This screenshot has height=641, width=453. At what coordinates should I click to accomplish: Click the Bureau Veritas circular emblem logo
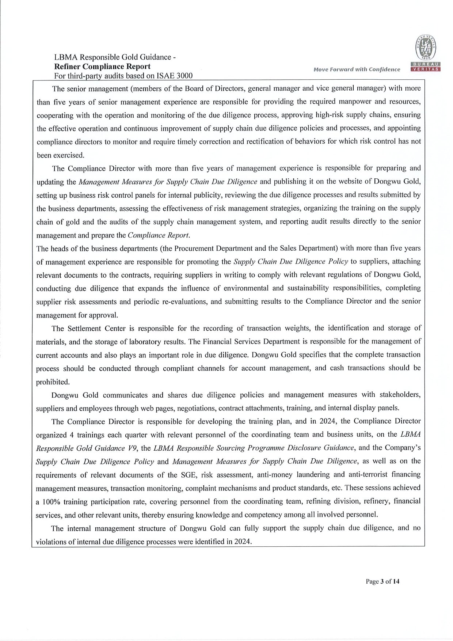pos(423,48)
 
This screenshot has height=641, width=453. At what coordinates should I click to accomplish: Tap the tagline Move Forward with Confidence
pos(357,69)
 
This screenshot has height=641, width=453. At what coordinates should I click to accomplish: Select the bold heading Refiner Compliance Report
pos(102,67)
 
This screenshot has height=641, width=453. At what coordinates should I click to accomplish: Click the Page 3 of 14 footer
pos(382,581)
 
